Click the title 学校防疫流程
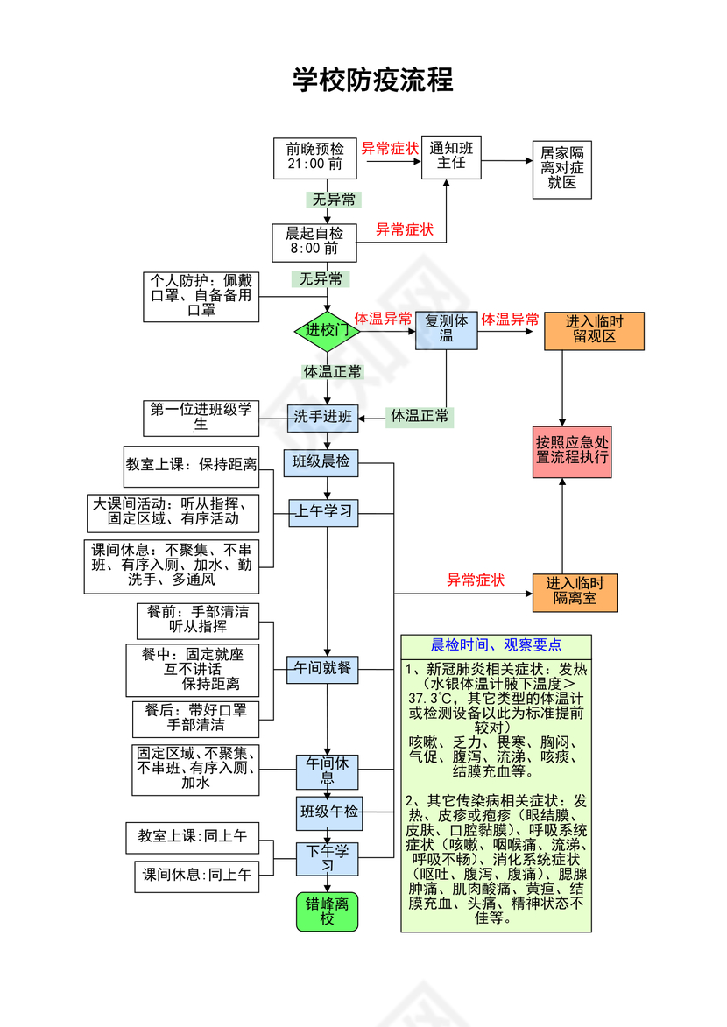click(x=372, y=81)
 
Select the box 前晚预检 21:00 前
click(x=314, y=158)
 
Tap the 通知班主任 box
click(x=451, y=157)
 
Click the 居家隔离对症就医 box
click(x=561, y=167)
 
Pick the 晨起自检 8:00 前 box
click(x=314, y=242)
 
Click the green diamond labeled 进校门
click(x=328, y=330)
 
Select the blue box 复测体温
click(x=446, y=329)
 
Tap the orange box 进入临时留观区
click(x=594, y=329)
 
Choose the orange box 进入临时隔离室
click(x=575, y=592)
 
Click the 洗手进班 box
click(x=323, y=418)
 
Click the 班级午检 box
click(x=328, y=812)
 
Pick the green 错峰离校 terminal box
click(x=327, y=911)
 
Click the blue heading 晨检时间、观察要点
click(x=496, y=646)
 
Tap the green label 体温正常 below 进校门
click(x=332, y=372)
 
